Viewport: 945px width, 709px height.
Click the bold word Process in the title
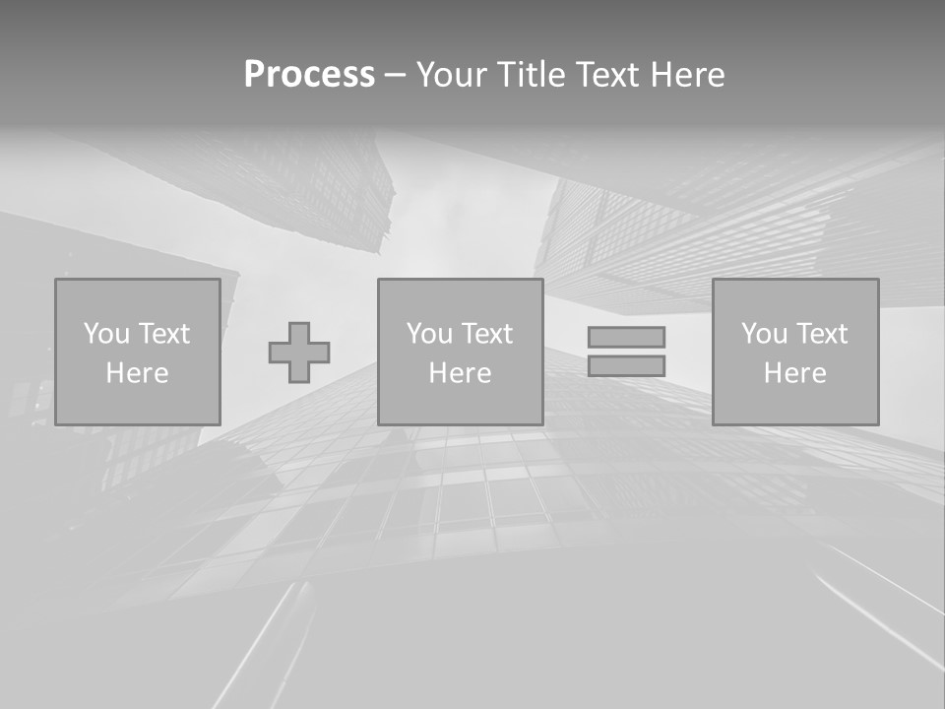point(309,75)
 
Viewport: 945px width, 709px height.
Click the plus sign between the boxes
point(299,353)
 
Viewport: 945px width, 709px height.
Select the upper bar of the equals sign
point(626,337)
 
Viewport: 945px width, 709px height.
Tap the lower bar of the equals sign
point(626,366)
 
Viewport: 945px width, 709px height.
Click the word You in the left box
point(106,334)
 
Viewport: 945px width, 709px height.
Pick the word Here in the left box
point(137,373)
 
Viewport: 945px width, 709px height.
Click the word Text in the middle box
point(487,334)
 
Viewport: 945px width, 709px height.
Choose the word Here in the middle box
point(460,373)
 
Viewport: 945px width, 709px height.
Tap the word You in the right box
point(764,334)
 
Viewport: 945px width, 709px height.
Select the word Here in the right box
point(794,373)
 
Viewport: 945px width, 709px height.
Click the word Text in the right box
point(822,334)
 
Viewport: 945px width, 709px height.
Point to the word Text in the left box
point(164,334)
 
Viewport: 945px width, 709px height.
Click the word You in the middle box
point(429,334)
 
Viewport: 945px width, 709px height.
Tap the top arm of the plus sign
point(299,331)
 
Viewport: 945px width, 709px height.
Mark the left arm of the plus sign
point(279,353)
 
